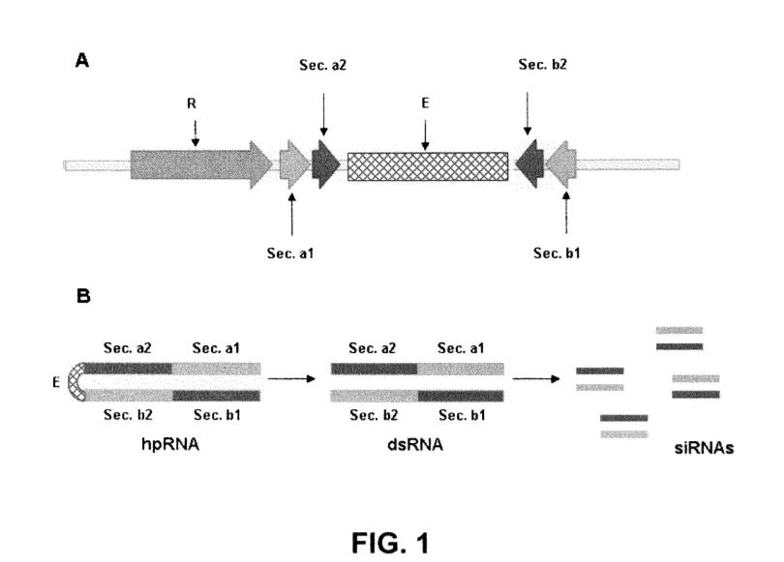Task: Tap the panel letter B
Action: point(82,297)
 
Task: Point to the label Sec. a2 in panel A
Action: point(323,64)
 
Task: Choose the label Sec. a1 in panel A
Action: point(291,254)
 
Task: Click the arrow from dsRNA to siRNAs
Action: point(538,378)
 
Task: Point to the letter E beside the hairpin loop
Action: point(54,381)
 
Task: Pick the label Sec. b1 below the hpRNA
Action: point(220,415)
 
